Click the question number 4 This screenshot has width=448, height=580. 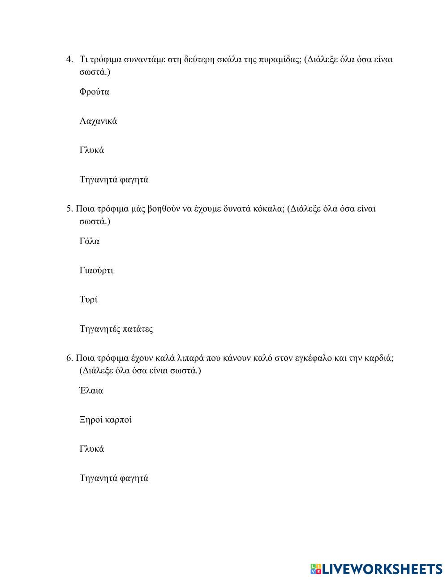coord(69,59)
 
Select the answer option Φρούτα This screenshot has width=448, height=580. coord(94,92)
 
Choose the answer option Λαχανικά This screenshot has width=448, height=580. coord(98,121)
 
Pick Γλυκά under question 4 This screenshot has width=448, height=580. coord(91,150)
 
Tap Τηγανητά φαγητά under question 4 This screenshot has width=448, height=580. coord(114,180)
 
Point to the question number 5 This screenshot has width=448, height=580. coord(69,208)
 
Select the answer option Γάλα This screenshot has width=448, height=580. coord(89,241)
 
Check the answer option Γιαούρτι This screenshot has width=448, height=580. coord(96,270)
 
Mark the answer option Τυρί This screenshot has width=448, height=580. coord(88,299)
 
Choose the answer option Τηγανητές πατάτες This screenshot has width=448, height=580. coord(116,329)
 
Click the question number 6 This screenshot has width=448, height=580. coord(69,358)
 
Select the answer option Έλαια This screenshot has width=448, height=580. coord(91,390)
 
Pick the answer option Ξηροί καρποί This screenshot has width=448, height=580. coord(105,420)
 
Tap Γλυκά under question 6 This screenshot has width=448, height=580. coord(91,449)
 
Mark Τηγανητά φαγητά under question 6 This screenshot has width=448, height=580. coord(114,478)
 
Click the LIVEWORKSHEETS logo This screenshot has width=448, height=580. coord(375,569)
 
